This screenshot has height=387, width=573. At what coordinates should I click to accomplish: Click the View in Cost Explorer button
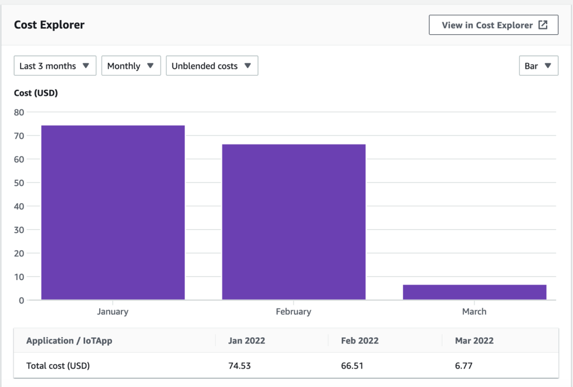(493, 25)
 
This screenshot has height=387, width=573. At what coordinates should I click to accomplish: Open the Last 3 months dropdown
(55, 66)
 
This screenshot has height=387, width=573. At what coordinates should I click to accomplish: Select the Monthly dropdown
(131, 66)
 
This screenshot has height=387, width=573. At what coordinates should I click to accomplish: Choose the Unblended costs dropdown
(212, 66)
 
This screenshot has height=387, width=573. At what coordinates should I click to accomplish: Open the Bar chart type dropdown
(538, 66)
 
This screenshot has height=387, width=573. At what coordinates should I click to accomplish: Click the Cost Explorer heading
(49, 25)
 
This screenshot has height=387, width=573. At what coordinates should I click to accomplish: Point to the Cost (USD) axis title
(36, 93)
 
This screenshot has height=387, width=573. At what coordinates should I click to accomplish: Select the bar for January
(113, 213)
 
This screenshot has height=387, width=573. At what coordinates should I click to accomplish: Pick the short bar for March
(475, 292)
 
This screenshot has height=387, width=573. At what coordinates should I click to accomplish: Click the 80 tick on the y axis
(19, 112)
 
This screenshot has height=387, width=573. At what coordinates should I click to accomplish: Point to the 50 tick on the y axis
(19, 183)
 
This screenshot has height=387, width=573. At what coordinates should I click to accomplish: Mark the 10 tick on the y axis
(19, 277)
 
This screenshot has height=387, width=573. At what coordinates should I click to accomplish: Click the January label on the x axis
(112, 311)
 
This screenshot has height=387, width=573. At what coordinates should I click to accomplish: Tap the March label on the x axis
(474, 311)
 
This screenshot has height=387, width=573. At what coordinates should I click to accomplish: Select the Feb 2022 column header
(359, 341)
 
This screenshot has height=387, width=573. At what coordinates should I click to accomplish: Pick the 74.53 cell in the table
(240, 366)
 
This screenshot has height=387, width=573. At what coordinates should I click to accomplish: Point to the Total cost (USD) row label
(58, 366)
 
